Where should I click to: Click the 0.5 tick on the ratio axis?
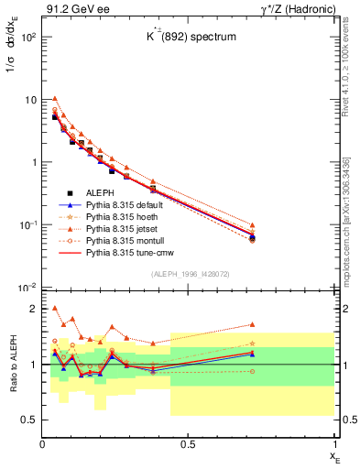[x=29, y=420]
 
